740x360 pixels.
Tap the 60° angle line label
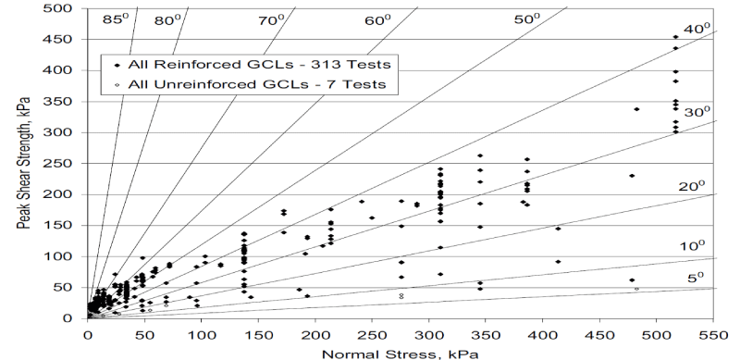(x=377, y=20)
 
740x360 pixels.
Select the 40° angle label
(x=697, y=29)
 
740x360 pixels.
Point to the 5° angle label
(x=696, y=278)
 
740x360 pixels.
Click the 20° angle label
(x=692, y=187)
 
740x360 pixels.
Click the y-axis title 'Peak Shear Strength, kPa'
(x=23, y=163)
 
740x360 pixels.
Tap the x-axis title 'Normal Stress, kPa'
(x=401, y=354)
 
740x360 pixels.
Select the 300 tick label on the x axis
(x=428, y=335)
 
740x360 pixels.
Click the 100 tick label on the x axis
(x=201, y=335)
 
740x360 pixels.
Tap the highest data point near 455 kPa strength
(x=675, y=37)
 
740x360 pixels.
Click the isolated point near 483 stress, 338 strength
(x=636, y=109)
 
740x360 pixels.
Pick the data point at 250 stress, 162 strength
(x=372, y=217)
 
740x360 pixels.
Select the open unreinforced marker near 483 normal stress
(x=636, y=289)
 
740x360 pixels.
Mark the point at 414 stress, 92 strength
(x=558, y=261)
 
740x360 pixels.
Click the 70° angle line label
(x=271, y=20)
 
